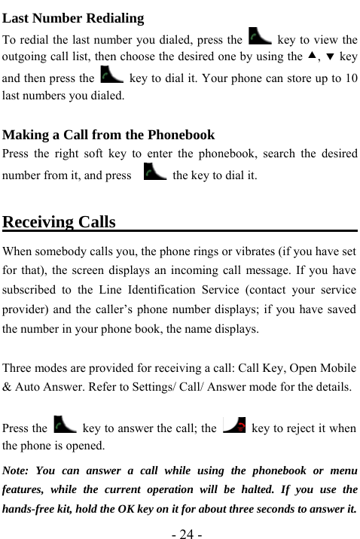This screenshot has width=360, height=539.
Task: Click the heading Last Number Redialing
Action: (x=74, y=18)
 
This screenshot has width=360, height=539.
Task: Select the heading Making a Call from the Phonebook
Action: (x=109, y=136)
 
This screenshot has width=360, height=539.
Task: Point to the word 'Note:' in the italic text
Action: (x=19, y=471)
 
